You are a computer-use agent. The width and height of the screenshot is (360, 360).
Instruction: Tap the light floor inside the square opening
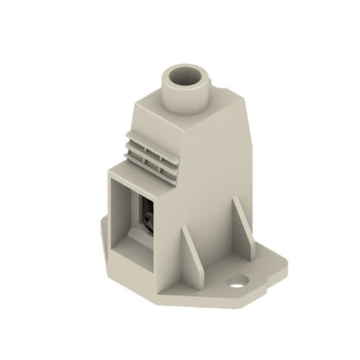pos(130,246)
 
